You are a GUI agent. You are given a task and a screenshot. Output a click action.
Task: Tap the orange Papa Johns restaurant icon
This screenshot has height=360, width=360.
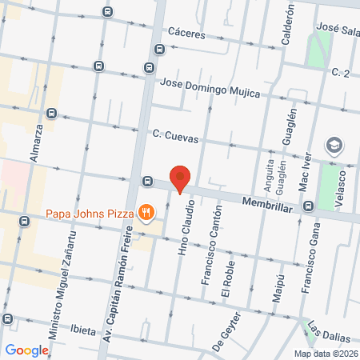pyautogui.click(x=145, y=212)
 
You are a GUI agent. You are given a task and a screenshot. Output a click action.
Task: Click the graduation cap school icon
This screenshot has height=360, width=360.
pyautogui.click(x=333, y=146)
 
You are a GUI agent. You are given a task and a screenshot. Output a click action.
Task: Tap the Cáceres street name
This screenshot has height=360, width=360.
pyautogui.click(x=188, y=35)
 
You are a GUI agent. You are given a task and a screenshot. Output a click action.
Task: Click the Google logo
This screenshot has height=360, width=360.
pyautogui.click(x=26, y=350)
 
